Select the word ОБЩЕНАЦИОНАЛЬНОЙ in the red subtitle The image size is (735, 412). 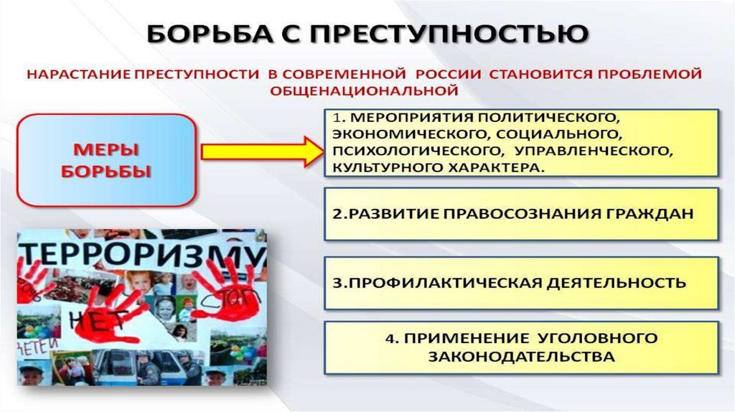[x=364, y=91]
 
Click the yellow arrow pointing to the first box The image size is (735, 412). [x=262, y=152]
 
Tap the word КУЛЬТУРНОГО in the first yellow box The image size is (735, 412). [x=380, y=167]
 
